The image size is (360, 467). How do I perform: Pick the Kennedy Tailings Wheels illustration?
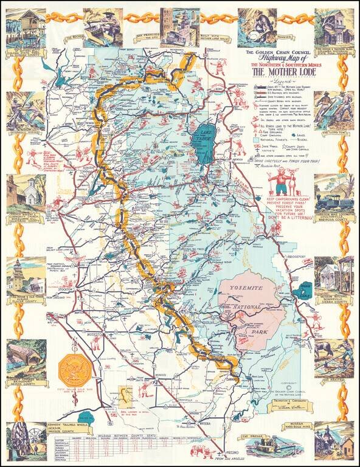[24, 441]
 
